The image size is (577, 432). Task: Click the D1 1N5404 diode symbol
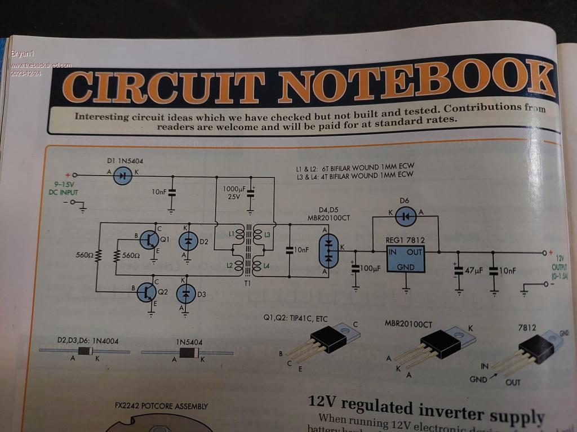[x=123, y=176]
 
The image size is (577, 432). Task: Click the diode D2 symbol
[x=188, y=241]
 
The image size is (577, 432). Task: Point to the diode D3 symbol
[x=187, y=293]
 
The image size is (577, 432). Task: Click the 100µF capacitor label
[x=371, y=268]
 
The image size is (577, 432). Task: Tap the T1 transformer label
[x=246, y=283]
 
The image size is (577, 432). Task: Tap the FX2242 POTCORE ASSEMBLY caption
[x=161, y=406]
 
